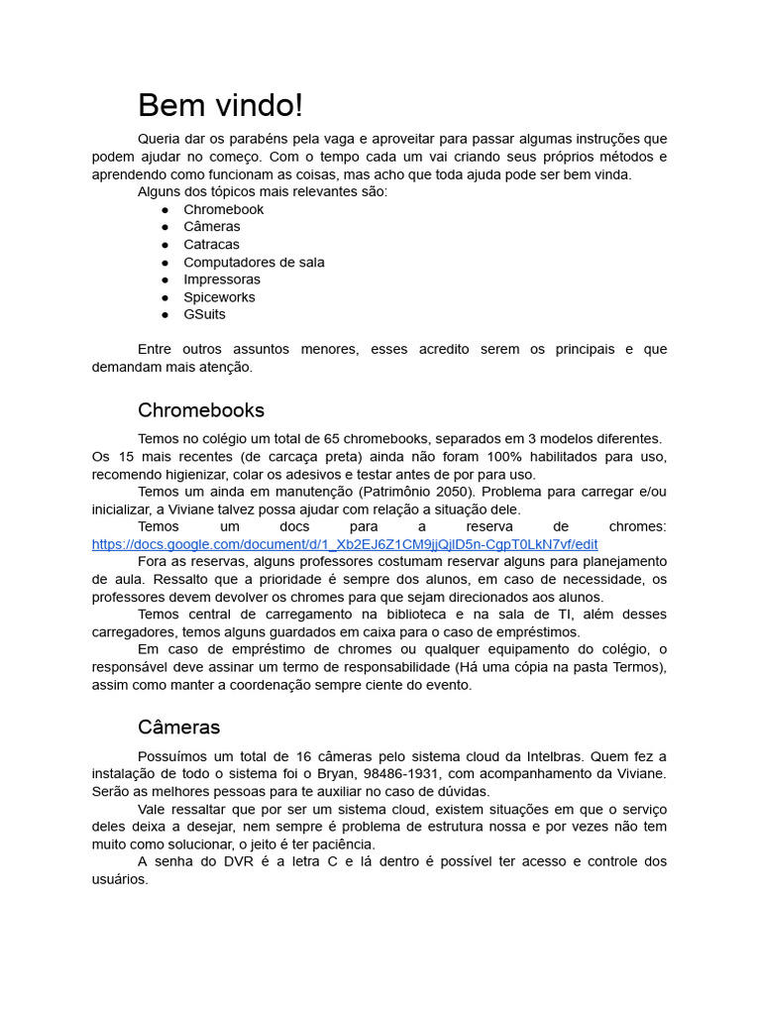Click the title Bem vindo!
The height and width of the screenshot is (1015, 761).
(220, 105)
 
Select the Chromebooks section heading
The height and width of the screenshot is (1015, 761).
(201, 410)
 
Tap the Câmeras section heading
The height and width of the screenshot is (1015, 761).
(178, 728)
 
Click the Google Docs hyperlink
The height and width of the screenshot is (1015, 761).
(344, 544)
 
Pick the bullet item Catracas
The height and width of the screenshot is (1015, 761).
(211, 245)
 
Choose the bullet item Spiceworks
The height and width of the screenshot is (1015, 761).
(219, 297)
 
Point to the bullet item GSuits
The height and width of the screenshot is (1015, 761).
(204, 314)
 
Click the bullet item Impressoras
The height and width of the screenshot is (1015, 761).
(222, 280)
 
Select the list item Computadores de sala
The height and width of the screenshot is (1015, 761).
(254, 263)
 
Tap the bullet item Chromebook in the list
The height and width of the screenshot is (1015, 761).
(223, 209)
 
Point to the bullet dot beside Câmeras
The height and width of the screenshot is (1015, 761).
(164, 227)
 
